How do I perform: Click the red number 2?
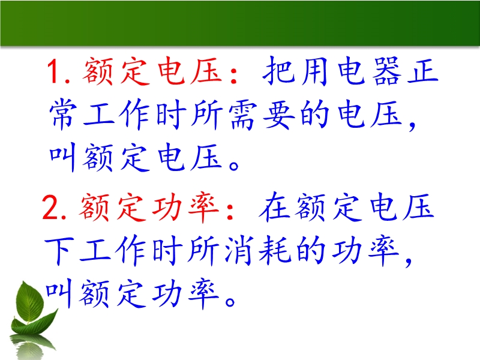coord(51,208)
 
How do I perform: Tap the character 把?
coord(278,71)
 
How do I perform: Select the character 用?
coord(314,71)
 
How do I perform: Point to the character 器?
coord(387,71)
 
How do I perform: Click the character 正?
coord(423,71)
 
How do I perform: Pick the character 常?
coord(63,114)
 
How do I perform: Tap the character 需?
coord(242,115)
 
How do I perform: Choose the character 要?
coord(278,115)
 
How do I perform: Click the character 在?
coord(274,207)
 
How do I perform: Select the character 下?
coord(59,250)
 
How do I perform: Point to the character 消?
coord(239,250)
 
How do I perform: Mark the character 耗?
coord(275,250)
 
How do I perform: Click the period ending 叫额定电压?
coord(235,166)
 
